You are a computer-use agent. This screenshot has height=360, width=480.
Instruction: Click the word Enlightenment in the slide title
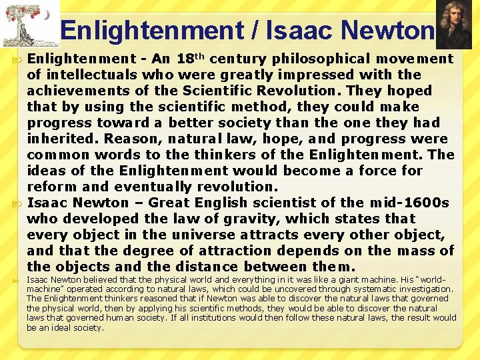[x=152, y=30]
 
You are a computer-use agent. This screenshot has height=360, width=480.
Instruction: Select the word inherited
[x=61, y=139]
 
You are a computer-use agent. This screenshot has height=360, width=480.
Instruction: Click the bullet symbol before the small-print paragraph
[x=17, y=281]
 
